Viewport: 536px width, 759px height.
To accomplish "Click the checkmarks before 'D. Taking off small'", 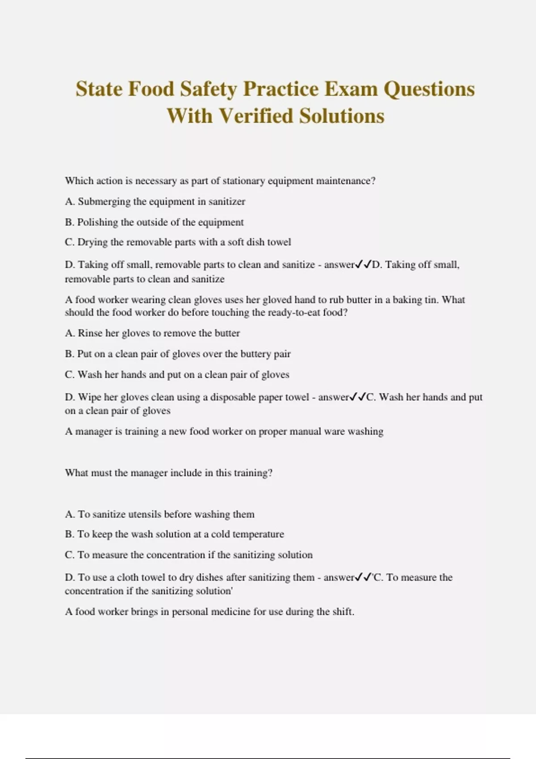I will coord(363,265).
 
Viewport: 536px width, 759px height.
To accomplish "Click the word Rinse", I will coord(90,333).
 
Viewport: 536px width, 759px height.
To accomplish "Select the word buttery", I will coord(255,354).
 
